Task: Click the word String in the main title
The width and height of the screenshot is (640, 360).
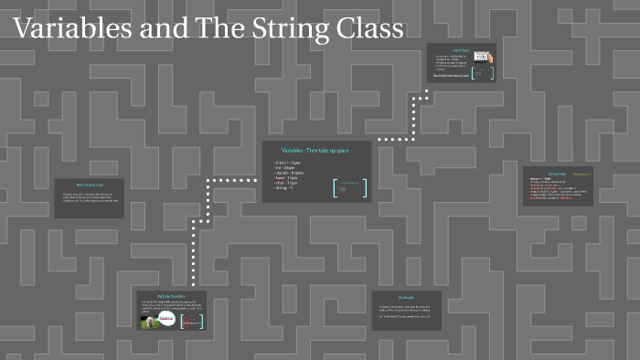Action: pos(281,29)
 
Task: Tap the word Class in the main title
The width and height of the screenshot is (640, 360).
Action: pos(367,29)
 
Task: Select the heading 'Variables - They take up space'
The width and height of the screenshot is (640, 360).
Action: pos(316,149)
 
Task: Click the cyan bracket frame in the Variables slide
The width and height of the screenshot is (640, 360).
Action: pos(349,187)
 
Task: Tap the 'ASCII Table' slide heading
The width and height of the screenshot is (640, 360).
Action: pos(461,50)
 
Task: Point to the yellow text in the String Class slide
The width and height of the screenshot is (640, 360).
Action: pos(574,174)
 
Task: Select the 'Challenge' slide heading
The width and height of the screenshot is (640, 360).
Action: pos(406,297)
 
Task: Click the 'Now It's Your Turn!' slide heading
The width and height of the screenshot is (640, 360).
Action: pos(90,185)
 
